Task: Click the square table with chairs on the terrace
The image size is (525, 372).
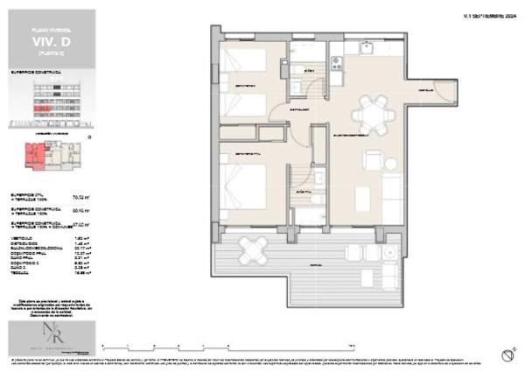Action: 253,249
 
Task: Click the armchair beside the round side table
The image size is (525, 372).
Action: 373,161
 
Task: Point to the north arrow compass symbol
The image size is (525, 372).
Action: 506,354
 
